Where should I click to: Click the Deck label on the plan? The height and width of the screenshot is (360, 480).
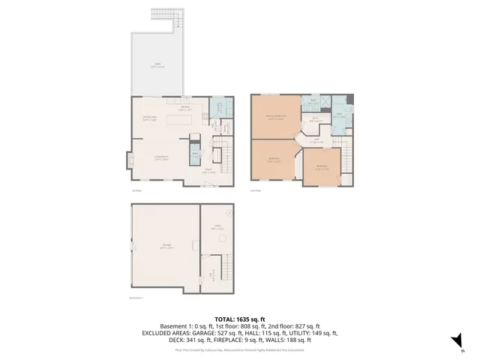pyautogui.click(x=157, y=65)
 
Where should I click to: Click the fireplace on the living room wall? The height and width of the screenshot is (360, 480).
pyautogui.click(x=127, y=160)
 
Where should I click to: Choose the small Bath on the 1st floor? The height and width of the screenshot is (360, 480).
pyautogui.click(x=195, y=154)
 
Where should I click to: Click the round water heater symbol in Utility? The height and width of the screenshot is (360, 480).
pyautogui.click(x=228, y=212)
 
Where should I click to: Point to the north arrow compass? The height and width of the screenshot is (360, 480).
pyautogui.click(x=454, y=342)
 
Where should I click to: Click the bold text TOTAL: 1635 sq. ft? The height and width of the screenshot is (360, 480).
pyautogui.click(x=239, y=319)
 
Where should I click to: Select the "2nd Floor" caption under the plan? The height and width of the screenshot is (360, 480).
pyautogui.click(x=256, y=190)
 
